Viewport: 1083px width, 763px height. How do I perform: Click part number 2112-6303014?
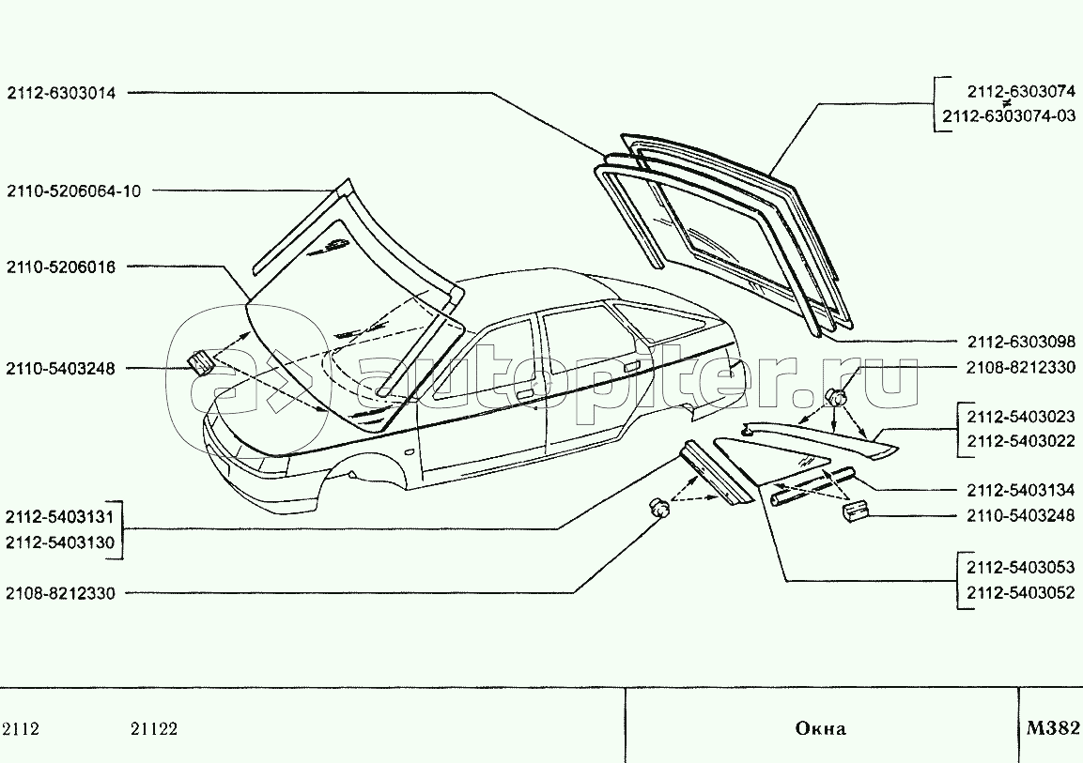pyautogui.click(x=61, y=93)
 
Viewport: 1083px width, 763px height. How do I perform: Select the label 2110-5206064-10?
pyautogui.click(x=74, y=191)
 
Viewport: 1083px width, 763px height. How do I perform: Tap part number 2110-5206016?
pyautogui.click(x=61, y=267)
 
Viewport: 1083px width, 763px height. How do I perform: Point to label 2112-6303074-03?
pyautogui.click(x=1009, y=115)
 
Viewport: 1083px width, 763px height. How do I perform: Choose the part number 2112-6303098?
pyautogui.click(x=1022, y=342)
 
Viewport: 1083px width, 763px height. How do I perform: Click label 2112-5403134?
pyautogui.click(x=1022, y=490)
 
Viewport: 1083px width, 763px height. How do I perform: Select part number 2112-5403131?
pyautogui.click(x=60, y=517)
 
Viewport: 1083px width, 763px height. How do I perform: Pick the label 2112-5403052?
pyautogui.click(x=1022, y=592)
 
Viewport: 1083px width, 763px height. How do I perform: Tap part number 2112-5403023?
pyautogui.click(x=1022, y=417)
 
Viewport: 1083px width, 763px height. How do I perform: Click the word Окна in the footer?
pyautogui.click(x=821, y=728)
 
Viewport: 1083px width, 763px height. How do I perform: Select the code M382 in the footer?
pyautogui.click(x=1053, y=728)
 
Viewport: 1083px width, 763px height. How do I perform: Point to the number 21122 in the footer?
pyautogui.click(x=153, y=729)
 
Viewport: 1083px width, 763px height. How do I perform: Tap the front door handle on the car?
pyautogui.click(x=526, y=393)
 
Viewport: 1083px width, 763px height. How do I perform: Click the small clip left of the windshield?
pyautogui.click(x=201, y=362)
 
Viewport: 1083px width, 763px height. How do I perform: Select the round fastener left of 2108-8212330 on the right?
pyautogui.click(x=837, y=397)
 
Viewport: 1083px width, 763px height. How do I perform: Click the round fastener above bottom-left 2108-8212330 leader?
pyautogui.click(x=659, y=509)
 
